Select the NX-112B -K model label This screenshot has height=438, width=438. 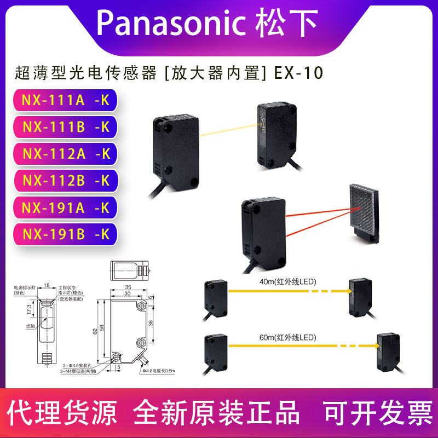[x=66, y=181]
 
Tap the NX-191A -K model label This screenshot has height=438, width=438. [x=66, y=208]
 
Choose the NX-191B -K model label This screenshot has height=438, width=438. [x=66, y=234]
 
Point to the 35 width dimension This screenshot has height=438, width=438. [x=128, y=287]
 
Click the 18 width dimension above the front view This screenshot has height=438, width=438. [x=47, y=285]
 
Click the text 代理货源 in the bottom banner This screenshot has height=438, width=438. [x=64, y=412]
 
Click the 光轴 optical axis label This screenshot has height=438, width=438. [x=30, y=325]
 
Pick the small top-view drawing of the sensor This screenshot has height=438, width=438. [x=130, y=270]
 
